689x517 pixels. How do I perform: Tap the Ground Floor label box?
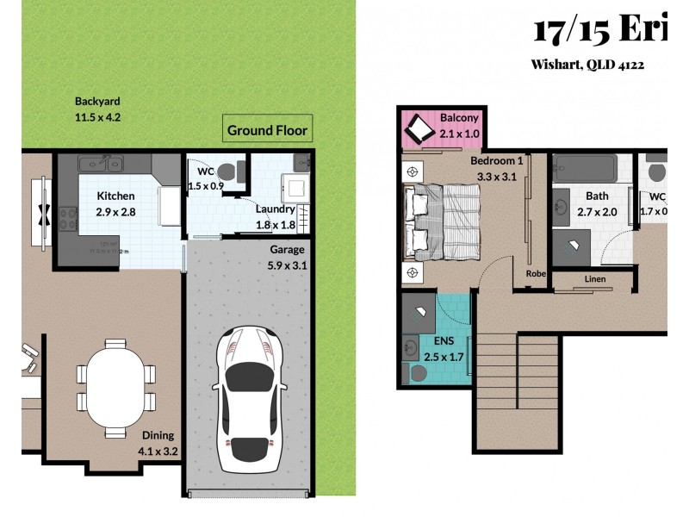click(x=266, y=131)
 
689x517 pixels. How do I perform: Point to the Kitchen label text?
click(x=115, y=196)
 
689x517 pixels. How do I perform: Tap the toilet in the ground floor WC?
click(x=226, y=171)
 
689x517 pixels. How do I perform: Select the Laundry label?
click(x=275, y=209)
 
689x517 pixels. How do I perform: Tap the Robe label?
click(x=535, y=276)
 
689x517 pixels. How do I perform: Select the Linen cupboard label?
click(x=594, y=279)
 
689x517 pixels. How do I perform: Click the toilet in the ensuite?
click(x=418, y=373)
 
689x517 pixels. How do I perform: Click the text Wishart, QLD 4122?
click(x=588, y=65)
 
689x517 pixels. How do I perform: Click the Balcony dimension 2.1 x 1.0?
click(x=459, y=134)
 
